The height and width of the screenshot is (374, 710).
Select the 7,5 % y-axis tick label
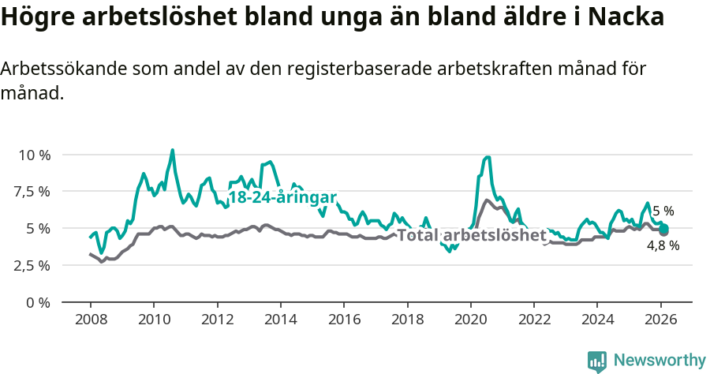[33, 192]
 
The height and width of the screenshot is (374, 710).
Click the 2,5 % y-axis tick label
[33, 265]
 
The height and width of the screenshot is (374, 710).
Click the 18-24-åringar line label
[282, 197]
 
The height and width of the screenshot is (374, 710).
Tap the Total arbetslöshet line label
[471, 235]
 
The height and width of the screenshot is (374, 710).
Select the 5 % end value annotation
[663, 211]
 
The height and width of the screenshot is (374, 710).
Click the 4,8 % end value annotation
[663, 245]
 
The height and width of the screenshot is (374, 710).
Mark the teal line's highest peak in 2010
[173, 150]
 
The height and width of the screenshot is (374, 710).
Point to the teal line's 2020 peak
[488, 157]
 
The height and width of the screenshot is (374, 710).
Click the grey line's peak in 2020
[487, 200]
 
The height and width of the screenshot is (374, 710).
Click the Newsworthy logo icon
[597, 361]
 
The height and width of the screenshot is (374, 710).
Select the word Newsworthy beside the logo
[660, 361]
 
